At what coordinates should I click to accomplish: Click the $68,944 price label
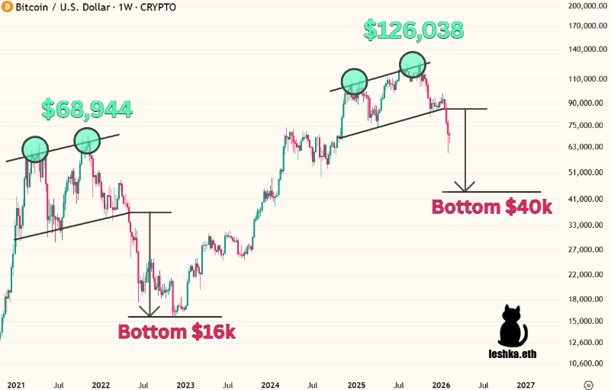tap(87, 109)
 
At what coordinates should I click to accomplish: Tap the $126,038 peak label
tap(413, 30)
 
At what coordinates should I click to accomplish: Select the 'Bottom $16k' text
tap(176, 331)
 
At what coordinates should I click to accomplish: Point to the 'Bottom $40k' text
tap(491, 206)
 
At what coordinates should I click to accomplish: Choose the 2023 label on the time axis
tap(185, 385)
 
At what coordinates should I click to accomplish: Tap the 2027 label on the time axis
tap(526, 385)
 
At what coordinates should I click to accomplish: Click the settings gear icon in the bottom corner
tap(588, 385)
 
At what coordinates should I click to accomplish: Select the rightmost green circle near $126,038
tap(412, 63)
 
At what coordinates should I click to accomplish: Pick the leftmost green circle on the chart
tap(34, 149)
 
